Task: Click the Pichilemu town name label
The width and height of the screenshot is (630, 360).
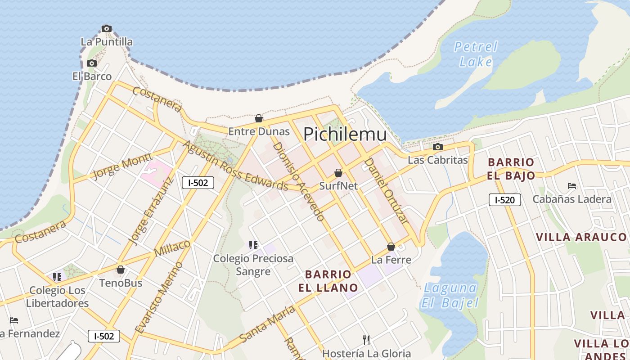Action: pyautogui.click(x=345, y=134)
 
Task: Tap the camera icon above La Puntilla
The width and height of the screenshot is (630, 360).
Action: pyautogui.click(x=107, y=28)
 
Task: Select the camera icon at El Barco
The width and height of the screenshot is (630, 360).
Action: pyautogui.click(x=92, y=63)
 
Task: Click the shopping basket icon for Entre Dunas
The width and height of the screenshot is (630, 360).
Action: pyautogui.click(x=259, y=118)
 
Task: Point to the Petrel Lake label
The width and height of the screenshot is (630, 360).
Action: pyautogui.click(x=476, y=54)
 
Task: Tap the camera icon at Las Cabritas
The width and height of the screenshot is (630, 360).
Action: pyautogui.click(x=437, y=147)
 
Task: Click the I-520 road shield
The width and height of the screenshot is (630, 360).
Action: pyautogui.click(x=504, y=200)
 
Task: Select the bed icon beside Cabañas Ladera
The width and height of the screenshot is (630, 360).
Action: pyautogui.click(x=572, y=185)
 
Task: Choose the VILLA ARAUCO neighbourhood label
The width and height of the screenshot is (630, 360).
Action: pyautogui.click(x=581, y=237)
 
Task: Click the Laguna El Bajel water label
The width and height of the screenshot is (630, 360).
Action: pyautogui.click(x=450, y=295)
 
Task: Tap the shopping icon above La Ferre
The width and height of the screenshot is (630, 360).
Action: pyautogui.click(x=391, y=247)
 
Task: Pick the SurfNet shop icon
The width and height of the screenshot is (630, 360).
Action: pyautogui.click(x=338, y=173)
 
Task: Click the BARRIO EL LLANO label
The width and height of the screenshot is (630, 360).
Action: pyautogui.click(x=328, y=281)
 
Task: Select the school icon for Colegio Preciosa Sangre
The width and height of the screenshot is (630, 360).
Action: pyautogui.click(x=253, y=245)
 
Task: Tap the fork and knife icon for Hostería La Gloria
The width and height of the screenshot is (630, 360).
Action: pyautogui.click(x=366, y=340)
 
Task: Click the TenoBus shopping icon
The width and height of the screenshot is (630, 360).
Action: pyautogui.click(x=121, y=270)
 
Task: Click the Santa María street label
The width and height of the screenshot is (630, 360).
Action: pyautogui.click(x=267, y=324)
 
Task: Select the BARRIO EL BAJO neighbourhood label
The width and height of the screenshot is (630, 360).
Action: pyautogui.click(x=511, y=169)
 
